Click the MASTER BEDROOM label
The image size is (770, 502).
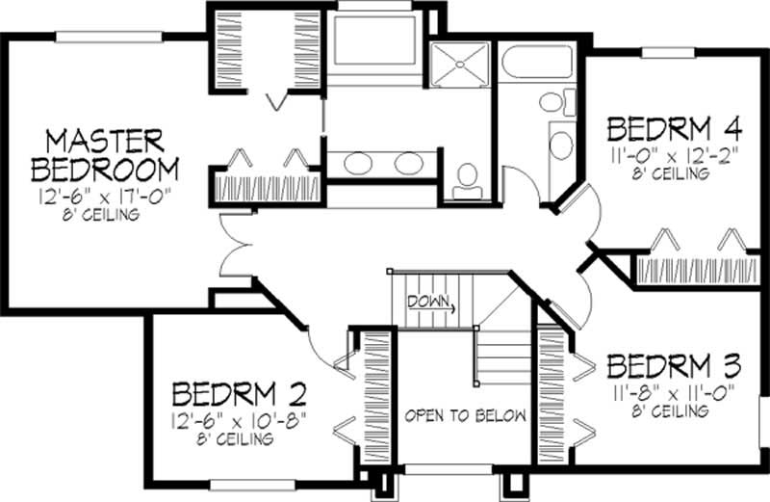click(x=105, y=153)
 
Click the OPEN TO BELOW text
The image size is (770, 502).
click(x=466, y=416)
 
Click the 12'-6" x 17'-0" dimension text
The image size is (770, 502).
click(x=105, y=198)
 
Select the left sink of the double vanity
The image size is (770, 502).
click(x=357, y=164)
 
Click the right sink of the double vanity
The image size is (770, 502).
click(x=408, y=164)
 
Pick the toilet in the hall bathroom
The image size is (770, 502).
click(x=552, y=101)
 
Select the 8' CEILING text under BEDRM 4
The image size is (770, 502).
click(x=672, y=174)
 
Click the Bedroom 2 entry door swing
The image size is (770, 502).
click(x=327, y=342)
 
